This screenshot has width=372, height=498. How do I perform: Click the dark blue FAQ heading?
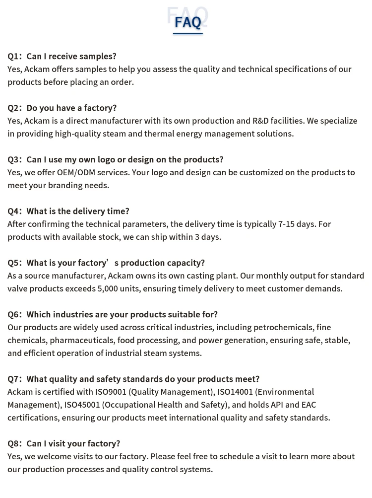coord(188,22)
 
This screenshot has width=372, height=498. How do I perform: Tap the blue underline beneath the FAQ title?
coord(188,34)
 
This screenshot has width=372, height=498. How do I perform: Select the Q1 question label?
coord(14,56)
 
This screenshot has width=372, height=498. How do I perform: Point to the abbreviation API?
coord(277,405)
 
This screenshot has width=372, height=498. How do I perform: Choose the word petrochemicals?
coord(283,327)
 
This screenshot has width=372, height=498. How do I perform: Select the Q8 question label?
coord(14,443)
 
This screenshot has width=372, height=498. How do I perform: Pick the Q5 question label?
coord(14,263)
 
